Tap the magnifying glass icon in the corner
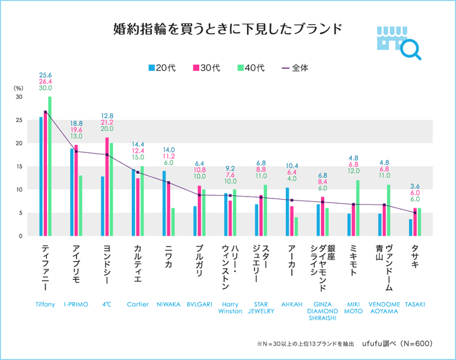pos(410,49)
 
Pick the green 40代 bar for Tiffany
pos(50,166)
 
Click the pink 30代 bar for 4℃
pos(107,187)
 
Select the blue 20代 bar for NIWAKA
pos(164,203)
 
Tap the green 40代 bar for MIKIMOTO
pos(358,208)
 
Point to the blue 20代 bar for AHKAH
pos(288,212)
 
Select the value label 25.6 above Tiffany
pos(46,75)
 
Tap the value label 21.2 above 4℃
pos(107,122)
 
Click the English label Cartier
pos(138,304)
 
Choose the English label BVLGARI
pos(199,304)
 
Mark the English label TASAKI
pos(415,304)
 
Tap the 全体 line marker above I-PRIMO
pos(77,151)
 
